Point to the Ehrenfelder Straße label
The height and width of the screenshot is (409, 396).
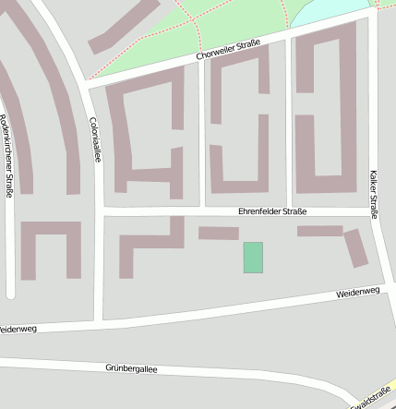coord(272,211)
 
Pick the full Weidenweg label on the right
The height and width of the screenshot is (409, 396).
coord(358,293)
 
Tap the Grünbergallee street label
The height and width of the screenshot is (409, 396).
coord(131,368)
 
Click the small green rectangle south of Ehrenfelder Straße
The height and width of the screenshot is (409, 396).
coord(253,258)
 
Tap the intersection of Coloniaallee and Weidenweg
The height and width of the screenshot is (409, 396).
coord(98,322)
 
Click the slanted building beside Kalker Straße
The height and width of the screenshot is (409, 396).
coord(355,248)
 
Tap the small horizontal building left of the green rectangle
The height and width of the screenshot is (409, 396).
coord(218,233)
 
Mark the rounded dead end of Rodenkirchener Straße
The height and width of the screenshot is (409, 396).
coord(10,295)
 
